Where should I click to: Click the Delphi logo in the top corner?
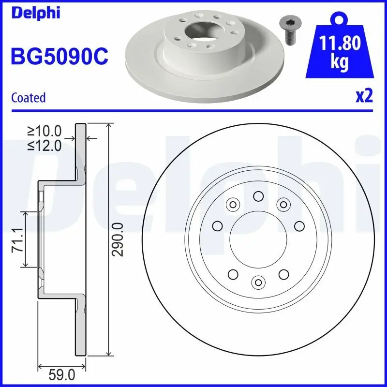[36, 13]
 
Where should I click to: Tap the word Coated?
[28, 98]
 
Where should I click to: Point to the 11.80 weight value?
[341, 44]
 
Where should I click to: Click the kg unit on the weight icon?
[340, 63]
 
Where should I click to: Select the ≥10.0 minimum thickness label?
[45, 131]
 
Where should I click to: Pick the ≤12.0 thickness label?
[45, 145]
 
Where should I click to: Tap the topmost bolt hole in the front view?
[258, 196]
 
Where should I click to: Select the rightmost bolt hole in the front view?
[299, 225]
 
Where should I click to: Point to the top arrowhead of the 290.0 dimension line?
[108, 127]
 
